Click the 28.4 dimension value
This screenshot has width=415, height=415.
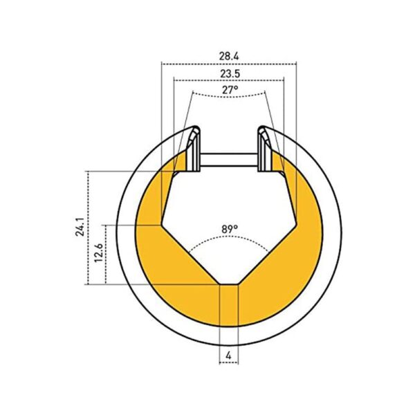(x=229, y=57)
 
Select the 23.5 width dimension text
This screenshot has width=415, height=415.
(x=230, y=74)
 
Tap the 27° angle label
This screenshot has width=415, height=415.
(x=230, y=90)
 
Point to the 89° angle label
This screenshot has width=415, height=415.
(x=230, y=229)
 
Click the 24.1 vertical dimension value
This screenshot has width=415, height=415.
(x=80, y=227)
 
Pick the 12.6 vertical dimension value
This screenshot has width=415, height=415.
(x=98, y=253)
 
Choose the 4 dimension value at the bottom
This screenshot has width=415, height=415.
(x=229, y=356)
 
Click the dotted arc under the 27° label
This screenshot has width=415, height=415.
(x=229, y=97)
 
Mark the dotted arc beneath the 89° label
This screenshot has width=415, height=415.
(x=229, y=237)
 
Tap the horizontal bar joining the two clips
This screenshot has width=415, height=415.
(x=229, y=160)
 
